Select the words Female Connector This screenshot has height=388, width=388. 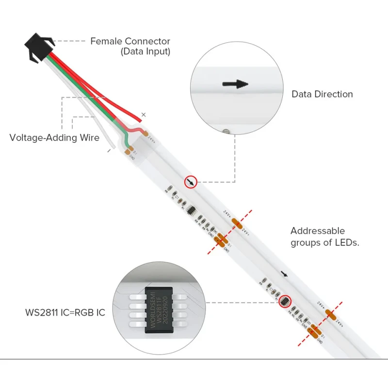pyautogui.click(x=130, y=41)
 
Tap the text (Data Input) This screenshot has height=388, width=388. pyautogui.click(x=145, y=51)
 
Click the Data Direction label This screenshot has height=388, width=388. pyautogui.click(x=322, y=94)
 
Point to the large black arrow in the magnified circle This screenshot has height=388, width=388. pyautogui.click(x=235, y=84)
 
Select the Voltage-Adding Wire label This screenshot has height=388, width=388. pyautogui.click(x=54, y=137)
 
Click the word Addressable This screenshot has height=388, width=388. pyautogui.click(x=318, y=231)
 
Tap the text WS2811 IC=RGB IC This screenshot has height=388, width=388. pyautogui.click(x=65, y=312)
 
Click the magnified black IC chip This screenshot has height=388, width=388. pyautogui.click(x=161, y=312)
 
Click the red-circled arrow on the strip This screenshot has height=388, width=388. pyautogui.click(x=192, y=182)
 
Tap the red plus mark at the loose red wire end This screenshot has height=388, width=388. pyautogui.click(x=143, y=115)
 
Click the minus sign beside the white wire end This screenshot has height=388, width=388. pyautogui.click(x=109, y=151)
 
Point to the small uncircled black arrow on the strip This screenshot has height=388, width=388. pyautogui.click(x=284, y=275)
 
